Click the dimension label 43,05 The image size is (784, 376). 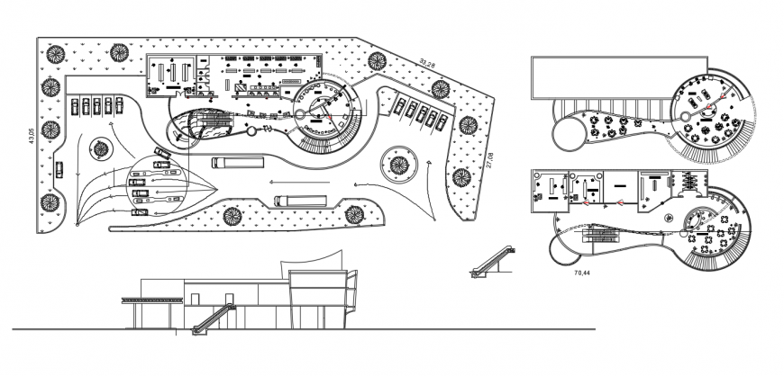[31, 135]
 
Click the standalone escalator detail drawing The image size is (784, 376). [493, 262]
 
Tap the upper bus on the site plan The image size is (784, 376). [238, 163]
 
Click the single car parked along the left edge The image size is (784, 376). [59, 168]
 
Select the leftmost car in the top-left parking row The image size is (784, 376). [74, 106]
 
